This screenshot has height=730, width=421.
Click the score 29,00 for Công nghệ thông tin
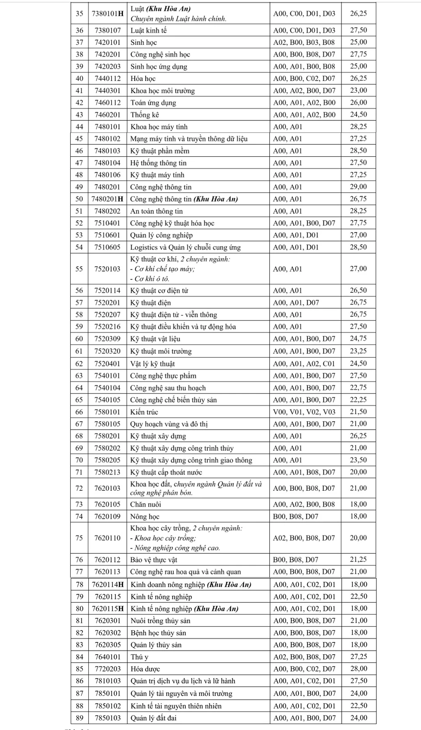click(358, 187)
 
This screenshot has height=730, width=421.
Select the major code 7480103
click(107, 151)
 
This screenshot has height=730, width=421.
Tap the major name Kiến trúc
click(144, 412)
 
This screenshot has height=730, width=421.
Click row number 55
click(79, 269)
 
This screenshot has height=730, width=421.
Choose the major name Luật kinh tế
click(149, 30)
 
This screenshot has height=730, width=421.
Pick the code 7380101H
click(107, 13)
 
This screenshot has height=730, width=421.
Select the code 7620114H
click(108, 584)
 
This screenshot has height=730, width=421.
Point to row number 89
click(79, 718)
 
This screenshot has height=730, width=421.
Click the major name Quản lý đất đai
click(154, 718)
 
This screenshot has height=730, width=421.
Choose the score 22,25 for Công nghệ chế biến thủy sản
click(358, 400)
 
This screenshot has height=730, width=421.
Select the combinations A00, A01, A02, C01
click(304, 364)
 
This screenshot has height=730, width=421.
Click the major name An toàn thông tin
click(156, 211)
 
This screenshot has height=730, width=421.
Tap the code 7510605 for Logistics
click(107, 247)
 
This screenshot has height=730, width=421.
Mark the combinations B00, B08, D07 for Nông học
click(296, 516)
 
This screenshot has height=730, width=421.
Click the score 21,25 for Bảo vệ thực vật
click(358, 559)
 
